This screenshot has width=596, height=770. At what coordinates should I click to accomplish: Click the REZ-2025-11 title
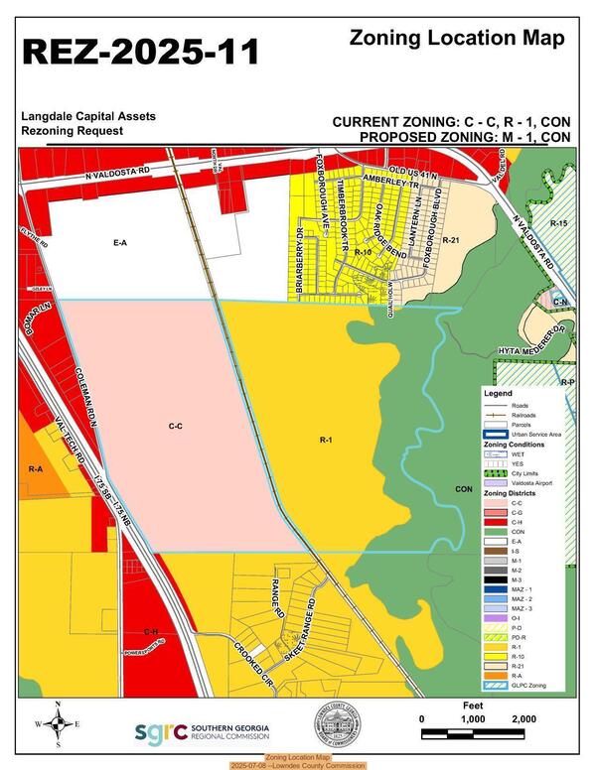[140, 52]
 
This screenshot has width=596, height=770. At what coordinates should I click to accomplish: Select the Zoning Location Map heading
[457, 39]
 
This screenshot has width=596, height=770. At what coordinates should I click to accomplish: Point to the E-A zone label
[120, 242]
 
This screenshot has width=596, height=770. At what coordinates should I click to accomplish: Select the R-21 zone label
[451, 241]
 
